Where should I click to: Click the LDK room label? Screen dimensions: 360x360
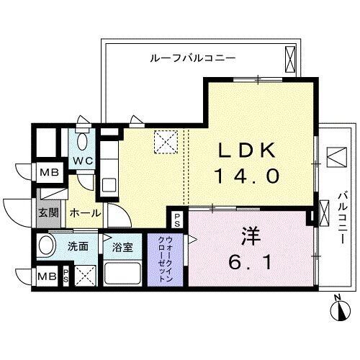click(x=246, y=150)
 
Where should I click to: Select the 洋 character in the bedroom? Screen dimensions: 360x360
click(x=250, y=235)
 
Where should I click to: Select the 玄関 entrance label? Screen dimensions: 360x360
click(x=48, y=213)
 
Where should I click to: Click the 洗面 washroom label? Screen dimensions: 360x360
click(x=78, y=246)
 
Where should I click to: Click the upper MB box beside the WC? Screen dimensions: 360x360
click(x=49, y=172)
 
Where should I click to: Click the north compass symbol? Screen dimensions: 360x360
click(x=339, y=310)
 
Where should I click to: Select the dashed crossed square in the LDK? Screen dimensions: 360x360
click(x=167, y=141)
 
